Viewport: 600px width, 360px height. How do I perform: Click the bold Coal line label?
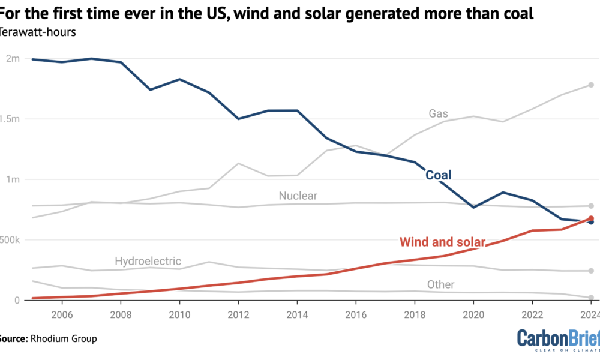click(438, 175)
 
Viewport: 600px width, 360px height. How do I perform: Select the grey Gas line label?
click(438, 113)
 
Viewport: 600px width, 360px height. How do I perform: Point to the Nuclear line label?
click(298, 196)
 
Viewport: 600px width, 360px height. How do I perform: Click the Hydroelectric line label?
click(148, 262)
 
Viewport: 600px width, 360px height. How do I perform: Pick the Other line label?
click(440, 284)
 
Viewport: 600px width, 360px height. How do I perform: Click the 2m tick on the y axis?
click(12, 59)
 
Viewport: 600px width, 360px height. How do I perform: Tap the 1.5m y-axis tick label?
click(10, 119)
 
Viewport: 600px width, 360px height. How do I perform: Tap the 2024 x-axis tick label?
click(590, 314)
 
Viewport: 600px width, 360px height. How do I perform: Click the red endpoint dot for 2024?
click(591, 219)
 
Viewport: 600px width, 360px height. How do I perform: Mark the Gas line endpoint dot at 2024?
click(591, 85)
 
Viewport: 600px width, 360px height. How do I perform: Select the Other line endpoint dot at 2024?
click(591, 298)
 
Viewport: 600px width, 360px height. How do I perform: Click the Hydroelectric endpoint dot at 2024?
click(591, 271)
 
